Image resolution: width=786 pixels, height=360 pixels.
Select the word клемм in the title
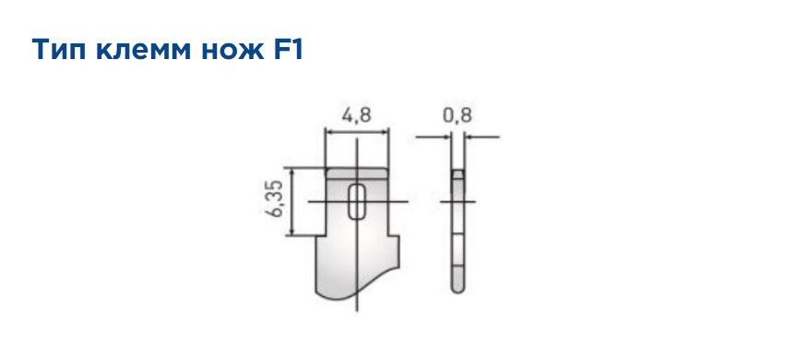(x=135, y=50)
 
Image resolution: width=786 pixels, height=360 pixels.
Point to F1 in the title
(x=286, y=50)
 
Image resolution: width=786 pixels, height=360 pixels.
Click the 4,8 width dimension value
(x=357, y=116)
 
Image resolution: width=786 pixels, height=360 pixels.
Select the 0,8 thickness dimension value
(x=457, y=116)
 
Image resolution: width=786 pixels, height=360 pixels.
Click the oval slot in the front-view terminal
(x=357, y=201)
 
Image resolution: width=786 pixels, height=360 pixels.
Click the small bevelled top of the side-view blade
(x=458, y=174)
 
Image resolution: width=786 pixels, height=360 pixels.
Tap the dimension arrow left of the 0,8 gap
(x=447, y=137)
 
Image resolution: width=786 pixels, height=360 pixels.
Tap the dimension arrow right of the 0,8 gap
(x=469, y=137)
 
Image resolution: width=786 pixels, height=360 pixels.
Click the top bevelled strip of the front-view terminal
(x=357, y=173)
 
